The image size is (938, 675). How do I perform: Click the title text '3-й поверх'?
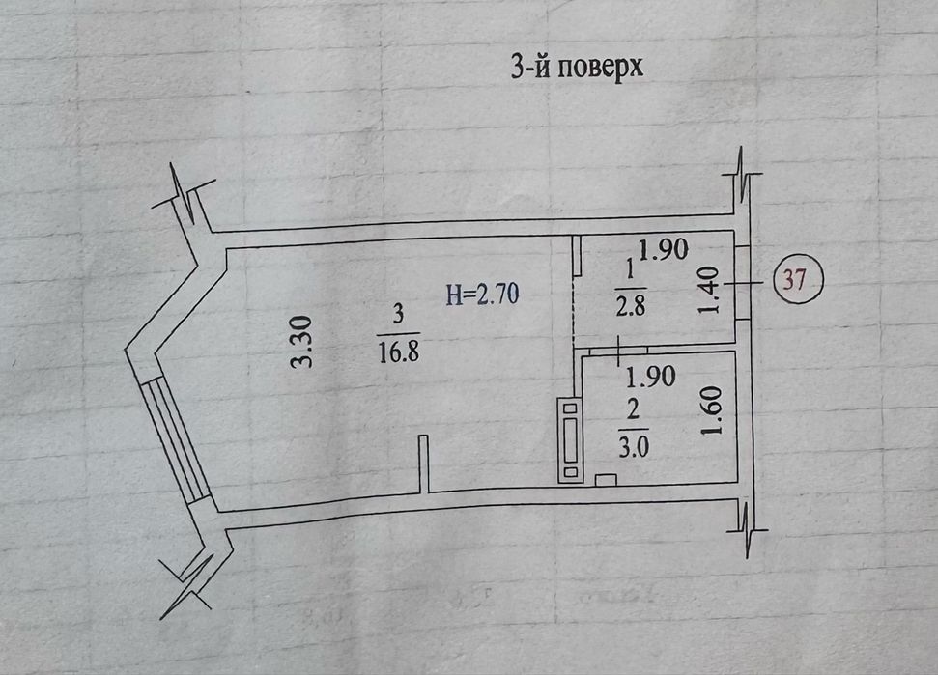click(577, 68)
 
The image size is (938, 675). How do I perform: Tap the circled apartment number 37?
click(795, 282)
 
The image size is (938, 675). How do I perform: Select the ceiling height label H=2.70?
click(483, 295)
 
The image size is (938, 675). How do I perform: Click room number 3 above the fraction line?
click(398, 314)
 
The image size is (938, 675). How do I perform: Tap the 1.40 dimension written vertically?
click(711, 291)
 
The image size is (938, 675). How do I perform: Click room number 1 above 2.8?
click(632, 267)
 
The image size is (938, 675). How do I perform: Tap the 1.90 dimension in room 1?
click(663, 250)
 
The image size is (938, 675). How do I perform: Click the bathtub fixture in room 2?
click(569, 440)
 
